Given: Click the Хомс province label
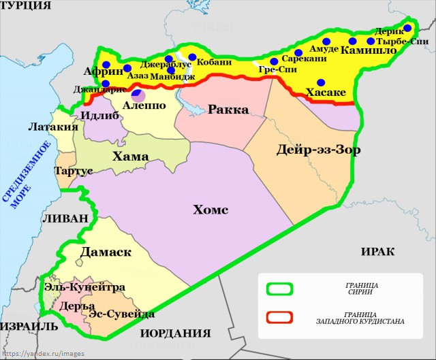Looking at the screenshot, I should point(210,209).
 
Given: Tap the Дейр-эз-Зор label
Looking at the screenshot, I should point(319,150).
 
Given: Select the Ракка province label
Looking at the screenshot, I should point(228,109).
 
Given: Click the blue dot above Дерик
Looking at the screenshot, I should point(407,28).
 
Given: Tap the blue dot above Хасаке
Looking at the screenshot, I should point(322,82).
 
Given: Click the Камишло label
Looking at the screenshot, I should point(367,50).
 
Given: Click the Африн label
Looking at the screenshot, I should point(103,71).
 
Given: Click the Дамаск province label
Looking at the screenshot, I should point(106,252).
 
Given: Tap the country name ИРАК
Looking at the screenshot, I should point(377,251).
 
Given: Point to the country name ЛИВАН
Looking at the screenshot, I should point(65,218).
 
